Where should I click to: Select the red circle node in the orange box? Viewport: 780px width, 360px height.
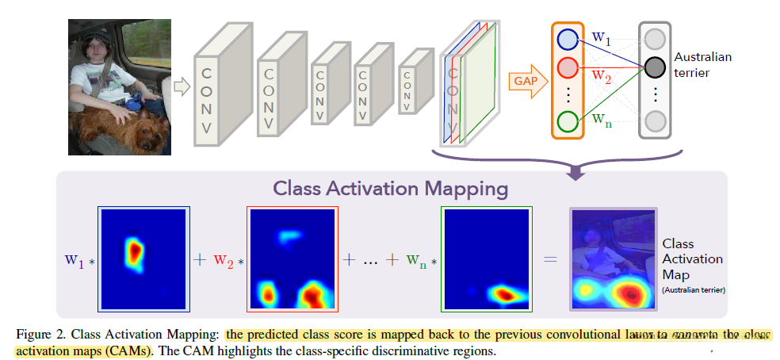[568, 67]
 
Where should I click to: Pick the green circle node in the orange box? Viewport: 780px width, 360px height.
[568, 121]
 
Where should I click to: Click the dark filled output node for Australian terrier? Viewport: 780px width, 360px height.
[654, 67]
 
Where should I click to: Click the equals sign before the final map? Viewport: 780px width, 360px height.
[550, 259]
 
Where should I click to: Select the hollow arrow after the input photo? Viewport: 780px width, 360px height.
[182, 86]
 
